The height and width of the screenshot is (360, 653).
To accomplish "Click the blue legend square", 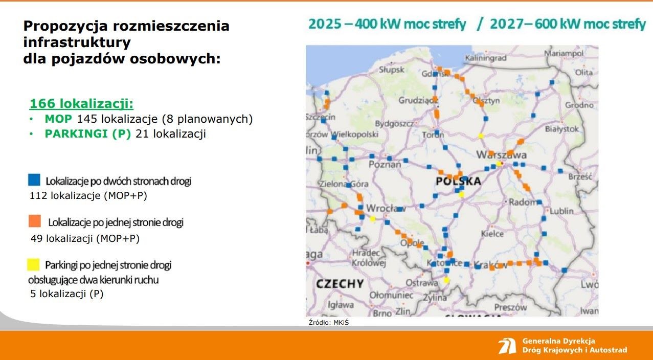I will coord(34,179).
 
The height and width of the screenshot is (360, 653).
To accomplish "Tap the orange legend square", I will coord(34,221).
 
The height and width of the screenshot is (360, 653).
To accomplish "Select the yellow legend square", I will coord(33,264).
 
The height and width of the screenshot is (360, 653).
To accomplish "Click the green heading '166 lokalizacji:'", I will coord(81,104).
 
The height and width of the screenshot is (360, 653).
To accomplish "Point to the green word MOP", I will coord(58,119).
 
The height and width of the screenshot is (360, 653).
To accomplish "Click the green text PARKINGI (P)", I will coord(88,134).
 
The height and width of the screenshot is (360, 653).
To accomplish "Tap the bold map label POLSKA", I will coord(458,182).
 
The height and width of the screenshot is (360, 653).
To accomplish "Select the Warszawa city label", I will coord(501,154).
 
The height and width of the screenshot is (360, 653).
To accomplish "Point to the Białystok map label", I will coord(562,129).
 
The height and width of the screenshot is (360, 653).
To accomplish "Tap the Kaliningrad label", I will coord(485,58).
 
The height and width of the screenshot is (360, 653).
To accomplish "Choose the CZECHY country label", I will coord(340,284).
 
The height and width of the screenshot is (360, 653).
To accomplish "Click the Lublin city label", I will coord(561,211).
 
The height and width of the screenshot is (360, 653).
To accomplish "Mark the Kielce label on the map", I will coord(492,234).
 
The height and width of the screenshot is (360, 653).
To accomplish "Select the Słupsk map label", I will coord(392,70).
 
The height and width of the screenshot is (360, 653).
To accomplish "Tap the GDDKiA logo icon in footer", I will coord(507,346).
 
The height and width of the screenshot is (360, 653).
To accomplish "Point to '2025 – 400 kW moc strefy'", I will coord(387,24).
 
